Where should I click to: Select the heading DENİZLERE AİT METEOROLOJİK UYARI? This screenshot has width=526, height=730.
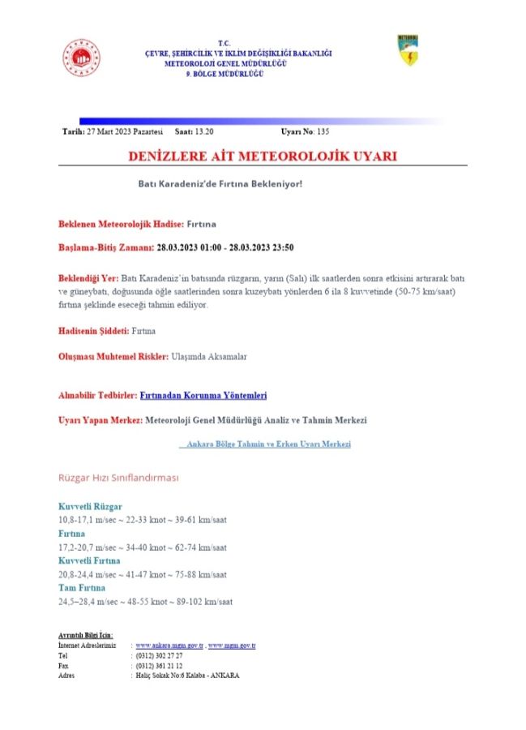pyautogui.click(x=262, y=156)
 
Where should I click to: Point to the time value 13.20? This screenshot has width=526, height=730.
pyautogui.click(x=205, y=131)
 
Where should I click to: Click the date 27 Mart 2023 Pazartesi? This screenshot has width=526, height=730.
pyautogui.click(x=124, y=131)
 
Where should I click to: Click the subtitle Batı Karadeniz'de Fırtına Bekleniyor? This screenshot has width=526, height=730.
pyautogui.click(x=220, y=183)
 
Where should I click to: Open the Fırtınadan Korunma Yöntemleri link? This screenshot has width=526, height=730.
pyautogui.click(x=203, y=395)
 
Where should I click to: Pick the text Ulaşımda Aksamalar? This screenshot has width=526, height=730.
pyautogui.click(x=210, y=356)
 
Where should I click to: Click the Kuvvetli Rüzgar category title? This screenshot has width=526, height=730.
pyautogui.click(x=90, y=506)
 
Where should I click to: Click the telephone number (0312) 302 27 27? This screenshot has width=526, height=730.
pyautogui.click(x=159, y=655)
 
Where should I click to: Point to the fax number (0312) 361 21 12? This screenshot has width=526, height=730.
pyautogui.click(x=159, y=664)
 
